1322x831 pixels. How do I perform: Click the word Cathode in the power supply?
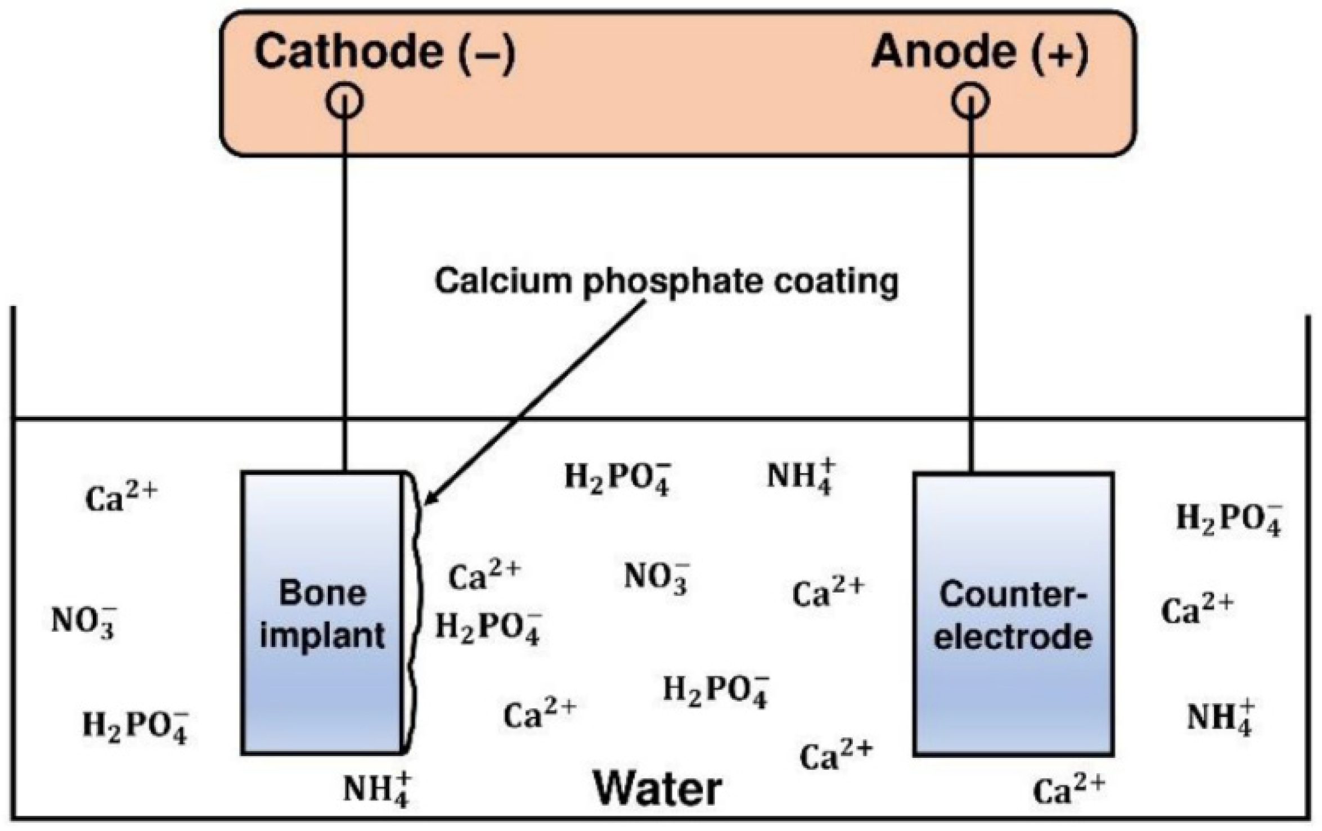coord(349,52)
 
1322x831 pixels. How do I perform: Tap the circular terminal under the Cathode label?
coord(344,101)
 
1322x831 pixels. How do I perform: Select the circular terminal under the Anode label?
coord(970,101)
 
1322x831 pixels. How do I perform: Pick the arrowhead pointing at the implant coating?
coord(429,498)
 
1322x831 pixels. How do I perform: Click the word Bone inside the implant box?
coord(322,594)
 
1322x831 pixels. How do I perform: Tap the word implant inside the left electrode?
coord(322,636)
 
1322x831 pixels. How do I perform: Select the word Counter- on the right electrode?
coord(1013,595)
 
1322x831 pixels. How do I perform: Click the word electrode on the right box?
coord(1013,637)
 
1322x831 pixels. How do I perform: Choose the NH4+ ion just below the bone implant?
coord(377,789)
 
